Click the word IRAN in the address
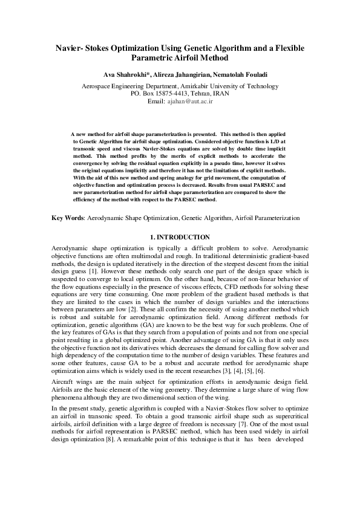[x=222, y=94]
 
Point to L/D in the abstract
[x=269, y=139]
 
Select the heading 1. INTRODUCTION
[x=180, y=237]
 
